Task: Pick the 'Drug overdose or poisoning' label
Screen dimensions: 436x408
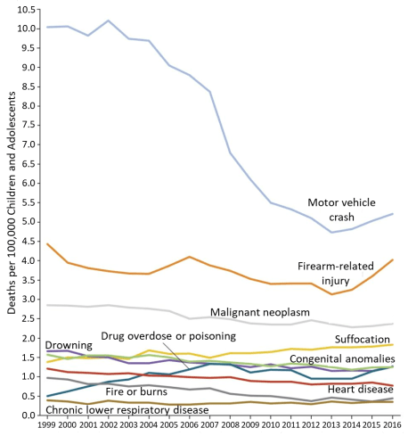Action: (x=167, y=336)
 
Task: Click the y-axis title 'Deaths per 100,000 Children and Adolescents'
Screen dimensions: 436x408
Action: (x=12, y=223)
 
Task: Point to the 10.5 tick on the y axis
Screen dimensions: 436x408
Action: (x=29, y=9)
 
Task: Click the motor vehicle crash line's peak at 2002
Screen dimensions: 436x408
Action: (x=108, y=21)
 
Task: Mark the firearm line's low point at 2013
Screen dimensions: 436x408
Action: (x=331, y=294)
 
